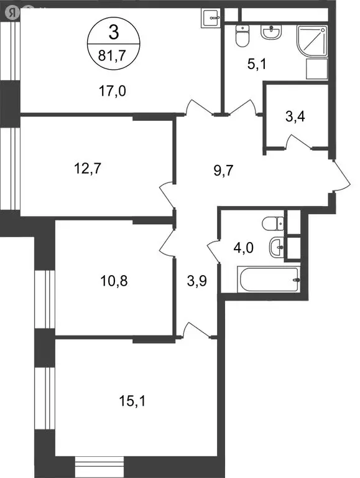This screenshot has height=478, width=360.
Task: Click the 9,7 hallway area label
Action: click(x=218, y=166)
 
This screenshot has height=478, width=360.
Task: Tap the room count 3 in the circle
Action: click(x=112, y=32)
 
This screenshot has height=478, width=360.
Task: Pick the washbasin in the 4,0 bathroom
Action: click(x=276, y=247)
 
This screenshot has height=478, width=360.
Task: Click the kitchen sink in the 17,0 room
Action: click(x=211, y=17)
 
